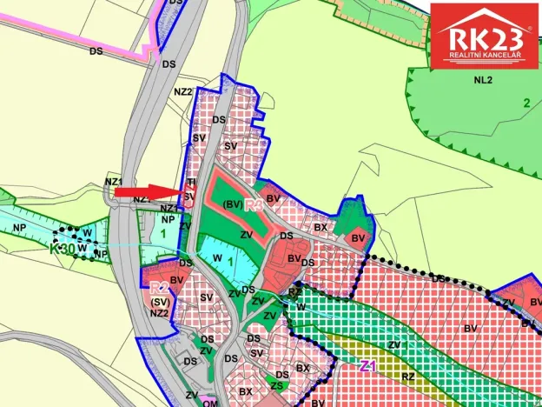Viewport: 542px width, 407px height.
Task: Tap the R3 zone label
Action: [x=254, y=206]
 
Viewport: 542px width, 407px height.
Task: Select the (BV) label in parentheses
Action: [x=231, y=204]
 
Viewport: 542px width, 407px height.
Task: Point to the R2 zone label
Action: [x=159, y=287]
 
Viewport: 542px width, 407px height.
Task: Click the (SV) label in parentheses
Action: [x=158, y=301]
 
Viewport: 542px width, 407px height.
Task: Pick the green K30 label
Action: [x=63, y=249]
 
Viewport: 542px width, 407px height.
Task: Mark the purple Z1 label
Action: [x=367, y=366]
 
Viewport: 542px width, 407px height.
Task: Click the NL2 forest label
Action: [x=483, y=81]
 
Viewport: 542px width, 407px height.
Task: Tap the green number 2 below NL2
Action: [x=525, y=103]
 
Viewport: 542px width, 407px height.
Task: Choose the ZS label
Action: [x=276, y=384]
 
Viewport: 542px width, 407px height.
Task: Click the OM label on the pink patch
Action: [x=211, y=402]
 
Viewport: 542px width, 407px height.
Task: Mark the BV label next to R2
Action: [x=177, y=280]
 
